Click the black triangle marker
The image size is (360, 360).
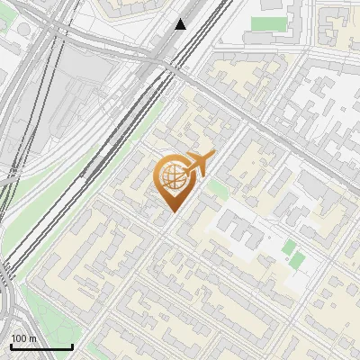pos(181,24)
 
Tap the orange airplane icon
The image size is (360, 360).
pos(197,164)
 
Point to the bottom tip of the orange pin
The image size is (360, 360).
pos(172,212)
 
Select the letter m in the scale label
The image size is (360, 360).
pos(33,338)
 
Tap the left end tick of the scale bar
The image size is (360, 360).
pos(10,346)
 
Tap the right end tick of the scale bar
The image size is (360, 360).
pos(72,346)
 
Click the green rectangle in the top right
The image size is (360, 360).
pos(266,23)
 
